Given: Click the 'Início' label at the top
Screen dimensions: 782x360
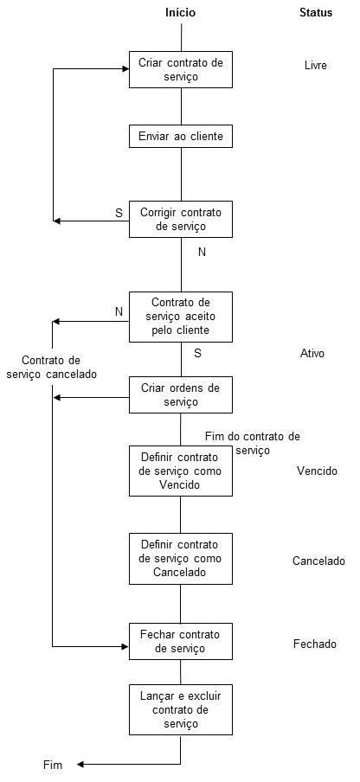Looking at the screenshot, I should (x=180, y=12).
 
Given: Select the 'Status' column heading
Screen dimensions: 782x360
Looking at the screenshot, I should (x=316, y=12).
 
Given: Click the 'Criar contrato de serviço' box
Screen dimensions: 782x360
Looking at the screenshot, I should (x=181, y=69).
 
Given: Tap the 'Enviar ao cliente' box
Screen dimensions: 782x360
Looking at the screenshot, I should (x=181, y=137).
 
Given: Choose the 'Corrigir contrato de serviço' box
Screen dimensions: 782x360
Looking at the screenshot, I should (x=181, y=220).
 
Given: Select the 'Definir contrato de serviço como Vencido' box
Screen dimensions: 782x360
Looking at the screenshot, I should (x=181, y=471).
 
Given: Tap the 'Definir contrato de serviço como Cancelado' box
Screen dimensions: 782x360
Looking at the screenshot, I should (x=181, y=558).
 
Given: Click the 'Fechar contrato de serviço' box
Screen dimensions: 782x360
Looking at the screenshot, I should (x=181, y=642).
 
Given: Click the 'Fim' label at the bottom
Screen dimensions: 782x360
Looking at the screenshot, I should (x=52, y=765).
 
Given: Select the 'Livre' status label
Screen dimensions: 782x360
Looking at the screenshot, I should (x=316, y=65).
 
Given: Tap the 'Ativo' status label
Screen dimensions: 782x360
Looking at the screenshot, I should (x=312, y=354).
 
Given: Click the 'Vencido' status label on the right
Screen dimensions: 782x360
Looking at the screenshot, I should (x=317, y=471).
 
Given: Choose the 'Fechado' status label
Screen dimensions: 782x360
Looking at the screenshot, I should (x=315, y=644).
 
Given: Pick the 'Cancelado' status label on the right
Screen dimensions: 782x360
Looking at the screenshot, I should (x=318, y=561).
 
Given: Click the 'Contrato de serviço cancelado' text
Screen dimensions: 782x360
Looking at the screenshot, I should (x=51, y=367).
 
